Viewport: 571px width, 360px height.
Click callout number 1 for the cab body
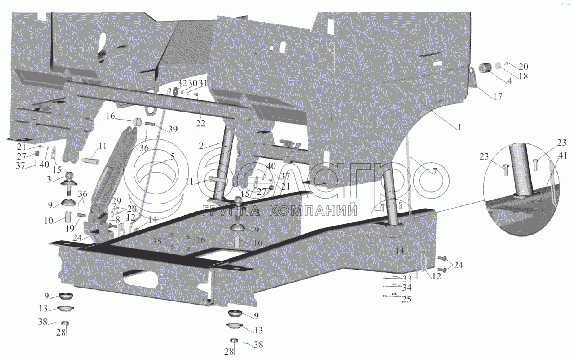pos(459,127)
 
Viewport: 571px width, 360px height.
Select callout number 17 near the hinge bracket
pos(498,97)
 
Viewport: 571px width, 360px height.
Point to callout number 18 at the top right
pos(523,76)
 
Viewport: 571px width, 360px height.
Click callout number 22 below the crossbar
pos(200,123)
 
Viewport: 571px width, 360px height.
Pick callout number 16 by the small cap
pos(111,116)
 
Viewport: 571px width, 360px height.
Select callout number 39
pos(173,129)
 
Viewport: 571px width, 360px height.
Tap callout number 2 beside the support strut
pos(201,146)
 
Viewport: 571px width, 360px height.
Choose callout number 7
pos(435,171)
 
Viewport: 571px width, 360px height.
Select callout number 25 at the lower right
pos(406,299)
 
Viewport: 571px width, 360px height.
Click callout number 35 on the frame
pos(157,241)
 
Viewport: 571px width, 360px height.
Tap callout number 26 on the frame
pos(200,240)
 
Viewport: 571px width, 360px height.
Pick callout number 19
pos(70,228)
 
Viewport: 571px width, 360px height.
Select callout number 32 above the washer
pos(182,83)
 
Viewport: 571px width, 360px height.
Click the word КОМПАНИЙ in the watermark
pos(313,211)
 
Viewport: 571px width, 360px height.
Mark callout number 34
pos(407,288)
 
